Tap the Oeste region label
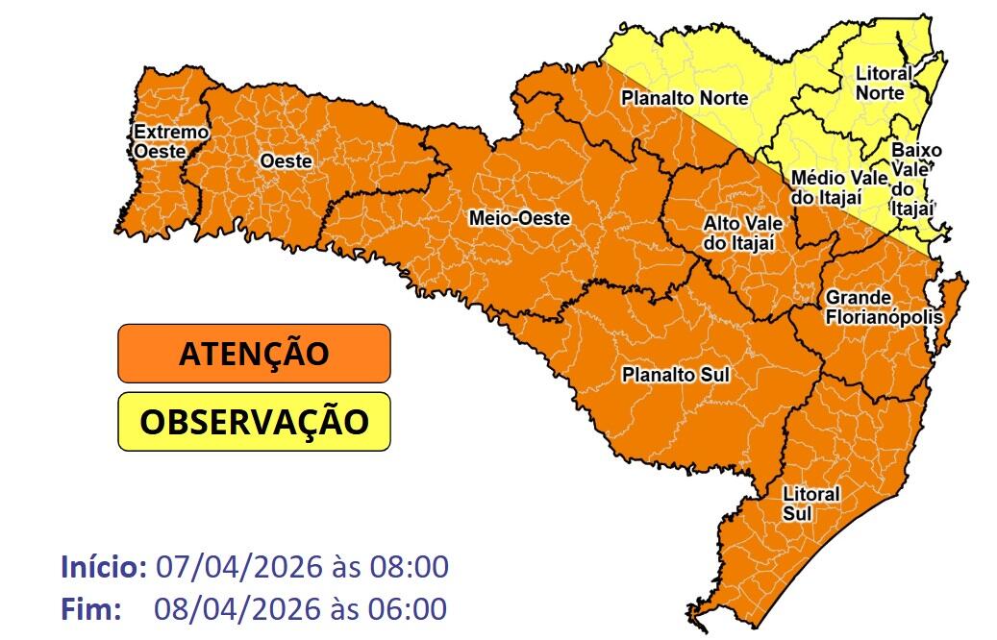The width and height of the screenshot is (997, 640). tap(286, 161)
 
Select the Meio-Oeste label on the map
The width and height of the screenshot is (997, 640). tap(519, 219)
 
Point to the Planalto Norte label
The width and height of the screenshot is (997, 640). tap(685, 98)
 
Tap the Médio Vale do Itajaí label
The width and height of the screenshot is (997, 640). tap(832, 187)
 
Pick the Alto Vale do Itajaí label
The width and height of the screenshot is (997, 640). tap(743, 233)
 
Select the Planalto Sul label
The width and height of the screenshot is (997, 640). tap(675, 373)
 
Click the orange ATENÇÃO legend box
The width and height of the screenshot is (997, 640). tap(254, 353)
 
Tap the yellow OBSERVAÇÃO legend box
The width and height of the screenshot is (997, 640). tap(254, 421)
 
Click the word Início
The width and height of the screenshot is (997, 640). tap(103, 566)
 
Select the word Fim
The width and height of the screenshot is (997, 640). tap(89, 609)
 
